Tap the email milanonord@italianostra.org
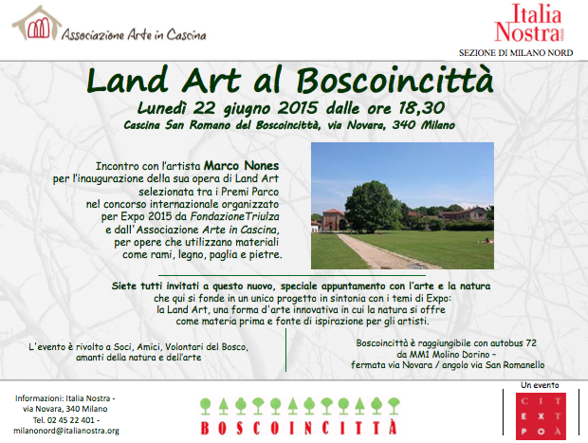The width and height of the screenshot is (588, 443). pos(66,431)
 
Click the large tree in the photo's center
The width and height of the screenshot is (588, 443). pos(373,204)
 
